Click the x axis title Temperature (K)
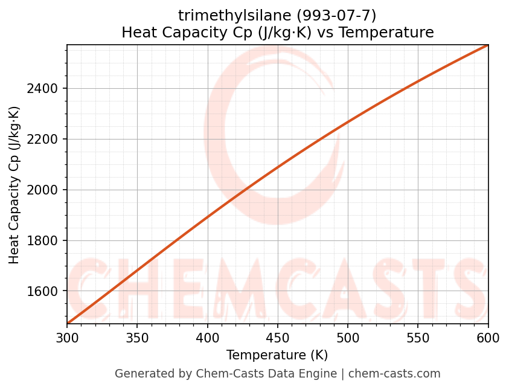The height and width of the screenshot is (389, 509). pyautogui.click(x=277, y=355)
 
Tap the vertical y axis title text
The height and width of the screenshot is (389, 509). pyautogui.click(x=14, y=185)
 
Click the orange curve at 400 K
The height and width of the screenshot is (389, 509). pyautogui.click(x=207, y=216)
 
